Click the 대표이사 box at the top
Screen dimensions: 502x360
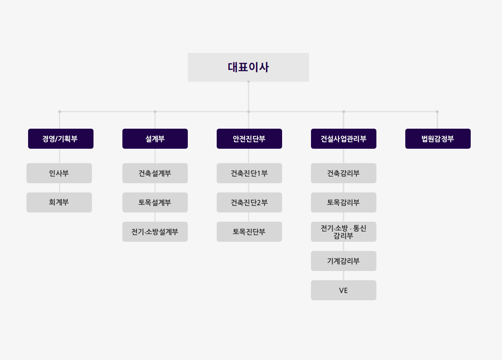tap(248, 67)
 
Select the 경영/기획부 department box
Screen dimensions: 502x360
tap(61, 139)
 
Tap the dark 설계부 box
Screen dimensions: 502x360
tap(155, 139)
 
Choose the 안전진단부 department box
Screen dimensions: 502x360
tap(250, 139)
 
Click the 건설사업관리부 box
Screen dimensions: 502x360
tap(343, 139)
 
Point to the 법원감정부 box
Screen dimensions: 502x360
tap(438, 139)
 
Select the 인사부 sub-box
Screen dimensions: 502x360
tap(59, 173)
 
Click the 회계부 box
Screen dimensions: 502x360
tap(59, 202)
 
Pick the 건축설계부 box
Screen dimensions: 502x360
tap(155, 173)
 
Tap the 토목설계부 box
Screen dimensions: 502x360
tap(155, 202)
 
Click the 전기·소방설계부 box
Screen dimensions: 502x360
tap(155, 232)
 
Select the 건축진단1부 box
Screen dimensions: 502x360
tap(250, 173)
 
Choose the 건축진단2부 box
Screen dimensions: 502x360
tap(250, 202)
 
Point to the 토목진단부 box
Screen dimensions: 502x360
tap(250, 232)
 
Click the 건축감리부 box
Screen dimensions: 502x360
tap(343, 173)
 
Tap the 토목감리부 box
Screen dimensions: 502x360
tap(343, 202)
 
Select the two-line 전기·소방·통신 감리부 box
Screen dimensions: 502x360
tap(343, 232)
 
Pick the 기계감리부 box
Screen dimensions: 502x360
tap(343, 261)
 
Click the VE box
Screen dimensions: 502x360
tap(343, 290)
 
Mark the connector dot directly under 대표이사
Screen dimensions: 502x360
tap(248, 82)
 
